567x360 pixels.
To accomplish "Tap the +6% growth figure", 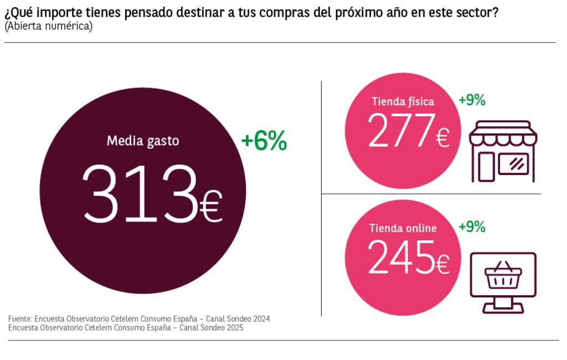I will pyautogui.click(x=264, y=142).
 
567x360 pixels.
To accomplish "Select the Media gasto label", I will pyautogui.click(x=143, y=141).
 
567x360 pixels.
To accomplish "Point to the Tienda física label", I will pyautogui.click(x=403, y=101).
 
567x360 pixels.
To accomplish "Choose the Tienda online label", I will pyautogui.click(x=403, y=228).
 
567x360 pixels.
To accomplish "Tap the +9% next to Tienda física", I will pyautogui.click(x=472, y=100).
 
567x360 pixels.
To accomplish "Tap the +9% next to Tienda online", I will pyautogui.click(x=472, y=227).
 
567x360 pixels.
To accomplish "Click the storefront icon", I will pyautogui.click(x=503, y=151).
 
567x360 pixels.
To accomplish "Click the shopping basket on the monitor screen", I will pyautogui.click(x=503, y=276).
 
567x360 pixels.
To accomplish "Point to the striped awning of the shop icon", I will pyautogui.click(x=503, y=133).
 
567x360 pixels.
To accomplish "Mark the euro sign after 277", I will pyautogui.click(x=442, y=137).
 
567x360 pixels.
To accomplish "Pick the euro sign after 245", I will pyautogui.click(x=442, y=265).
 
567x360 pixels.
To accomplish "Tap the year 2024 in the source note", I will pyautogui.click(x=260, y=319).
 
